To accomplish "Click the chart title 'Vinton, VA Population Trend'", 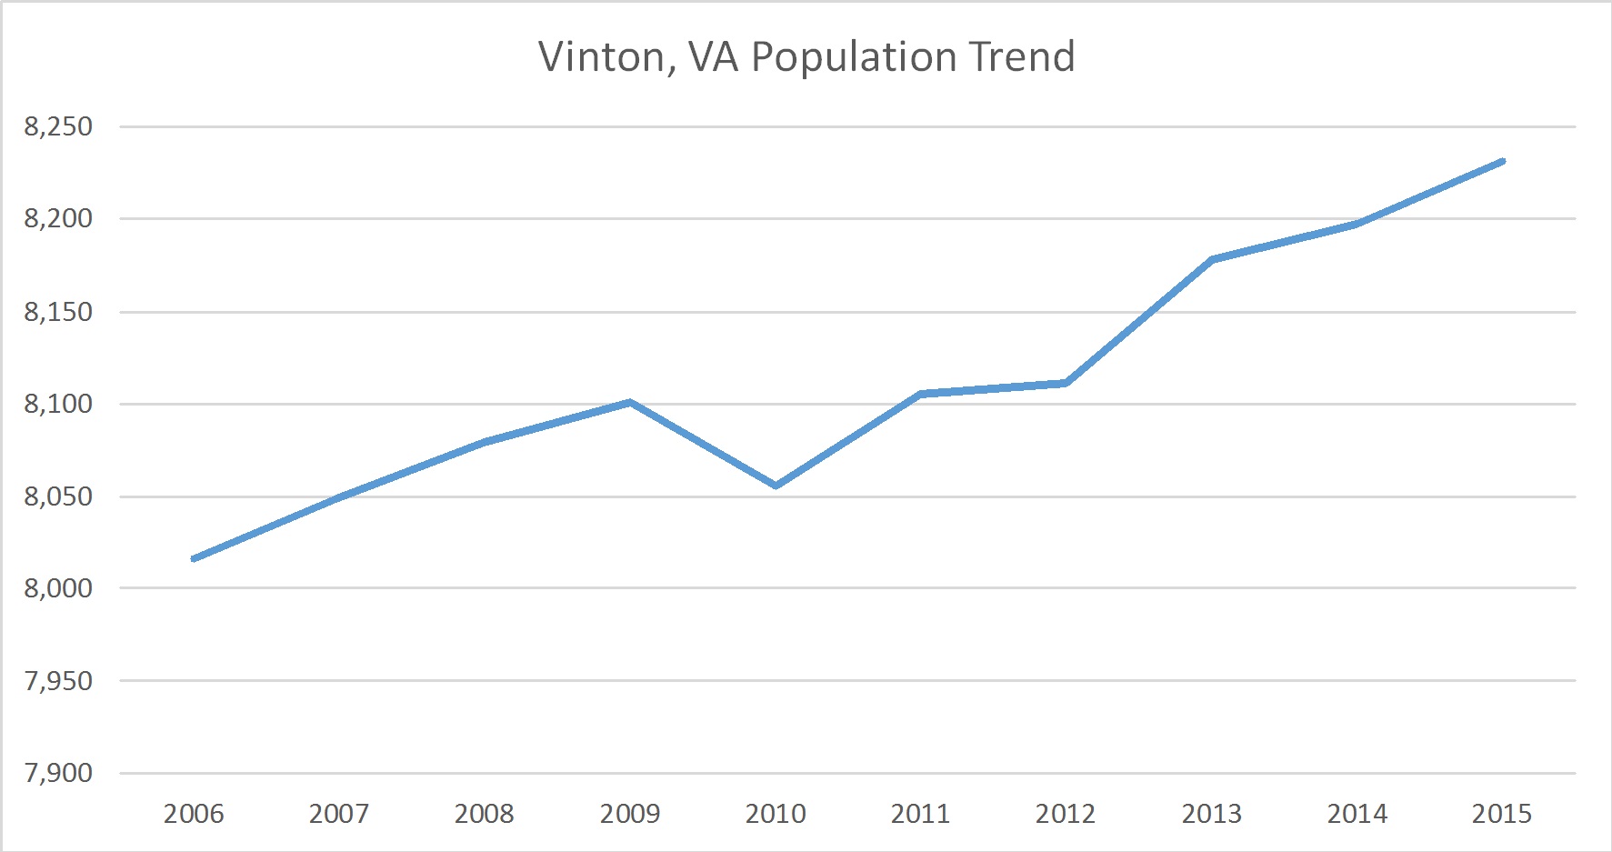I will pos(806,56).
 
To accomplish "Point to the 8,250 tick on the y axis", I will pos(58,126).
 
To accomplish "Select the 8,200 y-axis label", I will pos(58,218).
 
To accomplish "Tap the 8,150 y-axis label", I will pos(58,312).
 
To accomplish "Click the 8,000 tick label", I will pos(58,588).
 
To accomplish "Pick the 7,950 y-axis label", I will pos(58,681).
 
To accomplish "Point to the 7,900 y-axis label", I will pos(58,773).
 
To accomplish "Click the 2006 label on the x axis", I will pos(194,814).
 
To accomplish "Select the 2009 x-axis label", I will pos(630,814).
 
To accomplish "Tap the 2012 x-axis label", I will pos(1066,814).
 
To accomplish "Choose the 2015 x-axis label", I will pos(1502,814).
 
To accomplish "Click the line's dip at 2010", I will pos(776,486).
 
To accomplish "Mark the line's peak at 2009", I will pos(630,402).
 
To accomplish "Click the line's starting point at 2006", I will pos(194,558).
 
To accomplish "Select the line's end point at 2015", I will pos(1502,162).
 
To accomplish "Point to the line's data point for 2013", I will pos(1212,259).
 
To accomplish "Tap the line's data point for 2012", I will pos(1066,383).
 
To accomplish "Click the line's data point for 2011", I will pos(920,394).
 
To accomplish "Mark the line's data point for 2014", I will pos(1357,224).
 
